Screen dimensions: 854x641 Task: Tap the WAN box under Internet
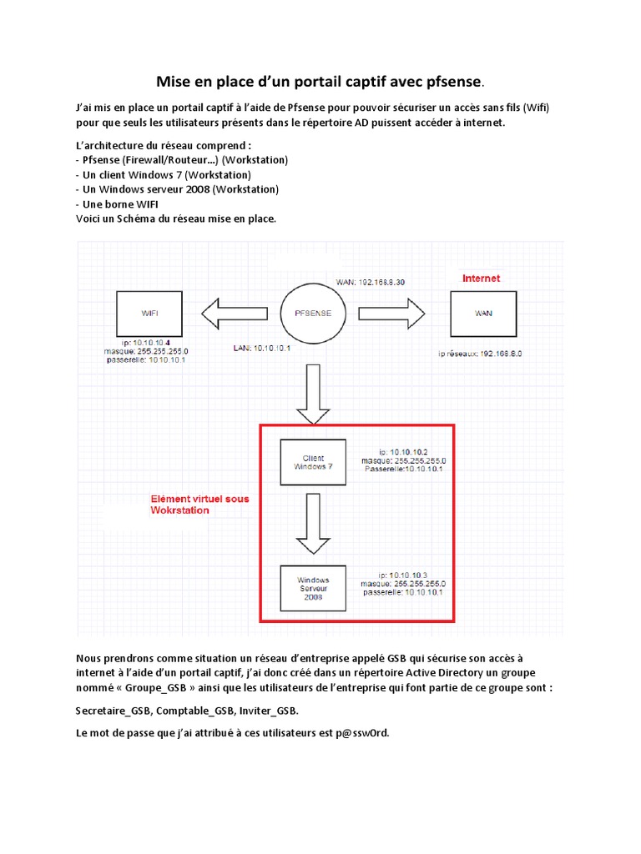(x=484, y=314)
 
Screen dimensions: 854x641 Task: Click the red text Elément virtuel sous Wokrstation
(x=199, y=505)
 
